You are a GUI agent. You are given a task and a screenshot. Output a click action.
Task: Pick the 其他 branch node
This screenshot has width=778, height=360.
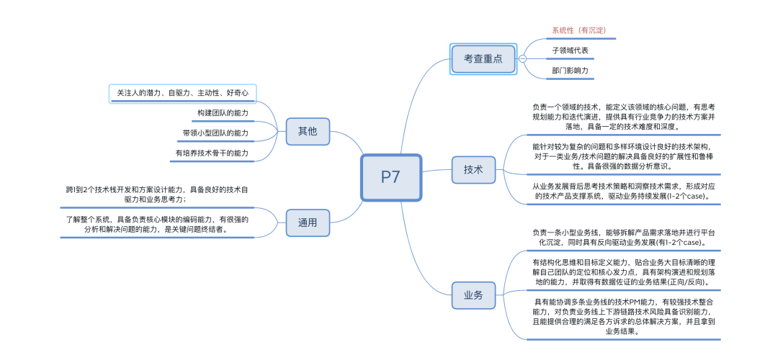308,132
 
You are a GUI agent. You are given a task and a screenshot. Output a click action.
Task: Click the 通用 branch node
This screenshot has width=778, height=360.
308,222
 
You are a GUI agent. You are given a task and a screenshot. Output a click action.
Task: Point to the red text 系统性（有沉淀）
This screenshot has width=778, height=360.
578,30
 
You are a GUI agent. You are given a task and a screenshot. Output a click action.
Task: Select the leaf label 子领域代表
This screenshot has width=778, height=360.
570,50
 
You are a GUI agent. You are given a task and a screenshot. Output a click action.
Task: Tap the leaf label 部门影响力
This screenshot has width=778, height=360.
570,71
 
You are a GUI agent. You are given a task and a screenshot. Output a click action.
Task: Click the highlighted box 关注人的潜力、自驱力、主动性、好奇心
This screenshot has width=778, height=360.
182,94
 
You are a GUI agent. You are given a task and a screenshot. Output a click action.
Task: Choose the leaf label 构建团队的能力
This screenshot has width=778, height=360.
222,113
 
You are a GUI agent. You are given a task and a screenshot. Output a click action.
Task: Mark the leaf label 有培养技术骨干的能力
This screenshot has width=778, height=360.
211,153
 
